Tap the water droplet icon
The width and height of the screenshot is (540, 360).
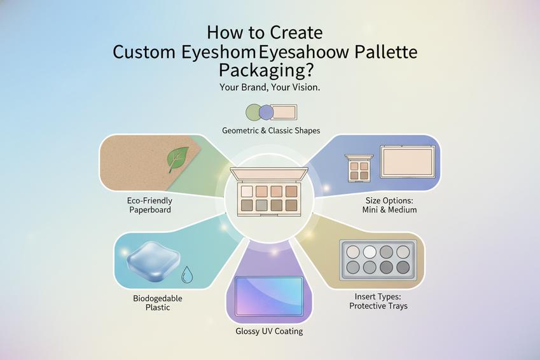coord(186,275)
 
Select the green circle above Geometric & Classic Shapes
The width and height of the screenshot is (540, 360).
coord(254,113)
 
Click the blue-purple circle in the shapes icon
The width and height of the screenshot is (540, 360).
coord(267,113)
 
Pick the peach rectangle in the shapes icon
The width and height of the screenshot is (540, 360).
coord(284,113)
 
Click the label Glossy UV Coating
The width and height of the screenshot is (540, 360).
coord(269,331)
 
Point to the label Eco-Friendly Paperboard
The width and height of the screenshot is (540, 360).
coord(150,205)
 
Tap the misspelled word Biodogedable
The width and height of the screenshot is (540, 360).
coord(158,298)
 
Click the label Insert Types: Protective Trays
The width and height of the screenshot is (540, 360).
coord(378,301)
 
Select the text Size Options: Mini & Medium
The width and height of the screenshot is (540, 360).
coord(389,205)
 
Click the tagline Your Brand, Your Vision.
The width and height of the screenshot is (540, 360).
coord(270,88)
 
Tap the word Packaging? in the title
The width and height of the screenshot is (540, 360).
coord(267,71)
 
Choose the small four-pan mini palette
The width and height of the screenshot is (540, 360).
coord(359,168)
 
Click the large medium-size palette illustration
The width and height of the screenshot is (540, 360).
coord(408,162)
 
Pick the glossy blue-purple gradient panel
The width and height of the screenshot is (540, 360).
coord(269,296)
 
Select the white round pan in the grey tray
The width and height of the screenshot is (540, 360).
coord(370,252)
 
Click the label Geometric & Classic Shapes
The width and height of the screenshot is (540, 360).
coord(271,130)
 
